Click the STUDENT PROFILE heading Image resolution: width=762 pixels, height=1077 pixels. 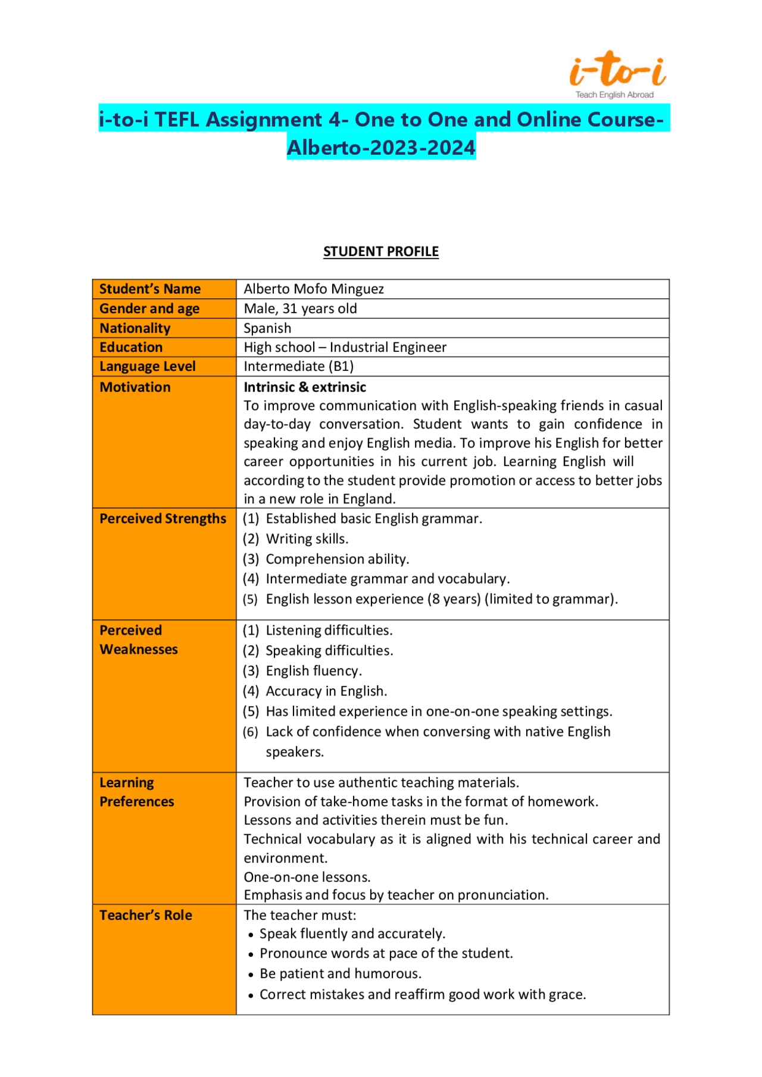pos(381,251)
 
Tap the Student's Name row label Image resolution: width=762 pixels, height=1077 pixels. pos(150,289)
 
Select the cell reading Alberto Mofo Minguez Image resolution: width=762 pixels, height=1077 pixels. pos(314,289)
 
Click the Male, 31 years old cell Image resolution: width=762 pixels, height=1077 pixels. pos(300,308)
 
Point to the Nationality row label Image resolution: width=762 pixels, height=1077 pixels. pos(135,328)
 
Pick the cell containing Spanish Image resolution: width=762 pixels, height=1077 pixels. pos(267,328)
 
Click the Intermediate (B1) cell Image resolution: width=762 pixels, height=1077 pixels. pos(298,366)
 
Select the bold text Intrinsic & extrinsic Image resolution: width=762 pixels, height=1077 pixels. pos(305,387)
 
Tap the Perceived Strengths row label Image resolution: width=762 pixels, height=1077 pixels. pos(163,519)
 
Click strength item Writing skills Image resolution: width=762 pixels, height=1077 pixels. pos(307,539)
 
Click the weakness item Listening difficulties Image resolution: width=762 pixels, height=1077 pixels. pos(329,630)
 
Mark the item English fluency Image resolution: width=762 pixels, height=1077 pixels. pos(314,671)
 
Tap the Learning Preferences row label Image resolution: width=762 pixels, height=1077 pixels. pos(136,792)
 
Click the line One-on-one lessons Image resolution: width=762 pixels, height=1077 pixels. pos(307,877)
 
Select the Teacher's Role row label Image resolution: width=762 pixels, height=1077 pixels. pos(146,915)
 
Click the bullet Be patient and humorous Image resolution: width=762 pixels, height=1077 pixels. pos(341,973)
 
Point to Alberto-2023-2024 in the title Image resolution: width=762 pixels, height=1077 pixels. pos(381,147)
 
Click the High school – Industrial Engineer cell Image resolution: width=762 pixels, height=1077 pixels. pos(345,347)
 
